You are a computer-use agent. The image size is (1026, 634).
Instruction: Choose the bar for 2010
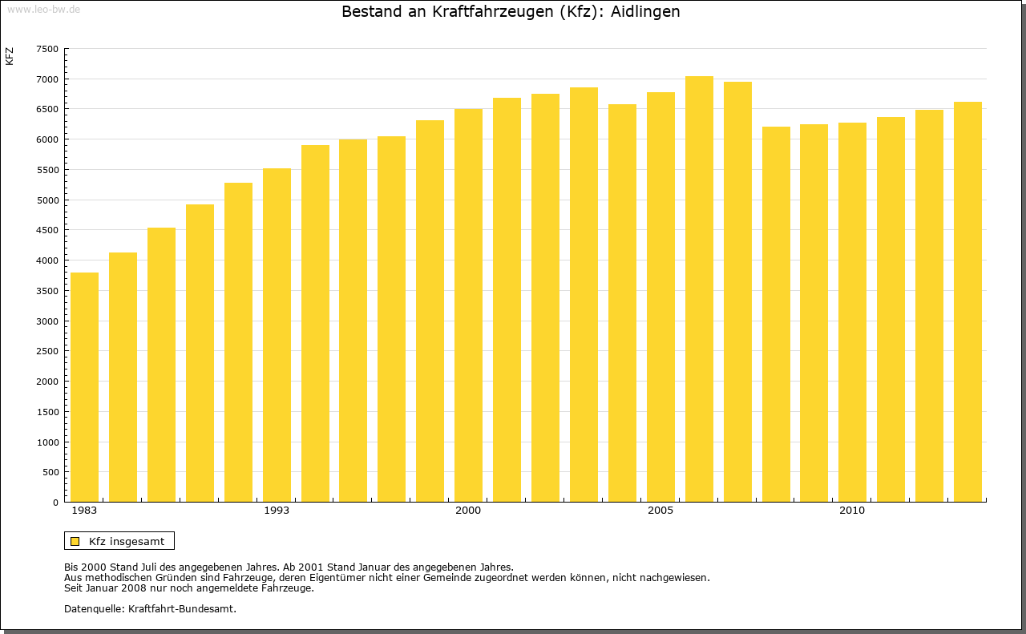[852, 313]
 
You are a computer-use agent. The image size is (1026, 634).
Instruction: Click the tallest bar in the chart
[699, 289]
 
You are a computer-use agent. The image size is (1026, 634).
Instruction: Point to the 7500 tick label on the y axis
[47, 49]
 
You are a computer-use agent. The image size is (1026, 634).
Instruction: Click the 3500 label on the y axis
[47, 291]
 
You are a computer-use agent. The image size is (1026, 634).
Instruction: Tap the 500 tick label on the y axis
[50, 473]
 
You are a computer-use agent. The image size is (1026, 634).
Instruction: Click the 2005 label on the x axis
[660, 511]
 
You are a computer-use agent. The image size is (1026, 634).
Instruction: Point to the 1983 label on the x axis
[84, 511]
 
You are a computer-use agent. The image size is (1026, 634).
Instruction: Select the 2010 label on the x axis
[852, 511]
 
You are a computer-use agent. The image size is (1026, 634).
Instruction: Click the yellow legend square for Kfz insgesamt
[75, 541]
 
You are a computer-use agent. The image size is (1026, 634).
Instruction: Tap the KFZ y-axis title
[10, 56]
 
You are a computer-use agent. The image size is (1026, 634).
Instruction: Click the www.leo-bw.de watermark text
[42, 8]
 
